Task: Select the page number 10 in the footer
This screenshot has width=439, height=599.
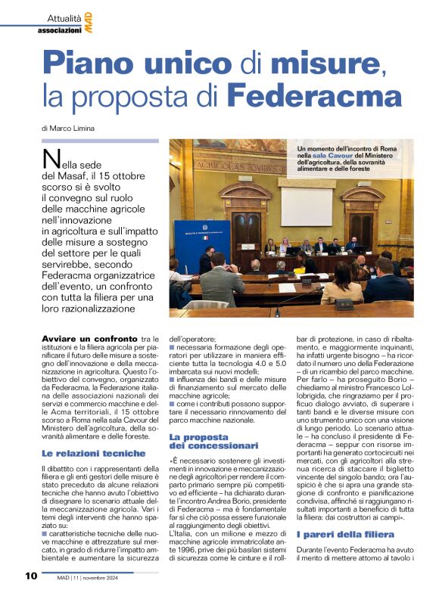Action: click(x=30, y=576)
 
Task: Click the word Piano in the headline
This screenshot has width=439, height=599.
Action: click(x=87, y=62)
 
